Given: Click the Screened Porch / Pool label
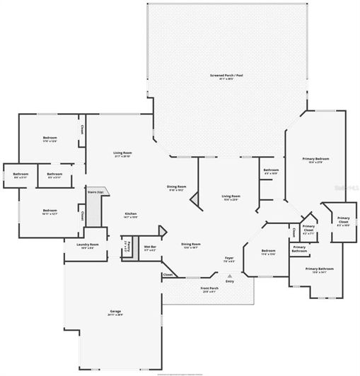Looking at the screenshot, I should point(226,76).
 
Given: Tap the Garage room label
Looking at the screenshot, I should point(116,312).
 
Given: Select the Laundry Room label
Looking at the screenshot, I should point(88,246).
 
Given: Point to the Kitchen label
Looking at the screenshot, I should point(130,215).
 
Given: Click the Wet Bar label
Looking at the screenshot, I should point(150,248).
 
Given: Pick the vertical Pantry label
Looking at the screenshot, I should point(126,247).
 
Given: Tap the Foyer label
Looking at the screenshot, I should point(229,259).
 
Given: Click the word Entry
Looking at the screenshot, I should point(230,281).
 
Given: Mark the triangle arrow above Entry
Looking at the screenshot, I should point(230,274).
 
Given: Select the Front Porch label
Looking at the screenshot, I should point(209,289).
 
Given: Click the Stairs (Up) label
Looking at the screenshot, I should point(95,192).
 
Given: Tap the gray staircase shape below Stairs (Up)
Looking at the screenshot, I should point(95,209).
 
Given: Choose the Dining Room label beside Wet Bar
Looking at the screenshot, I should point(191,245).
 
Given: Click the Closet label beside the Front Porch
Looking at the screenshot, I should point(168,274).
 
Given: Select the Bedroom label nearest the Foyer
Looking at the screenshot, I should point(267,252).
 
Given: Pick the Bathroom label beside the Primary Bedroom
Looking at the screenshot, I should point(271,171).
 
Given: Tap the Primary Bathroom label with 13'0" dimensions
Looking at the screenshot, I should point(320,270).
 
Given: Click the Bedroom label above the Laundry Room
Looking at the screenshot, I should point(50,211).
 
